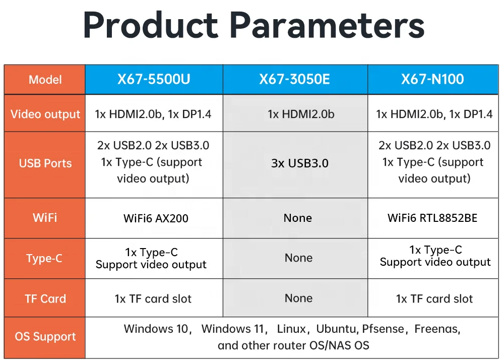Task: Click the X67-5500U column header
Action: click(x=154, y=79)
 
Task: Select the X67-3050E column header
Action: click(x=294, y=79)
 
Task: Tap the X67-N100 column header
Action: click(x=432, y=79)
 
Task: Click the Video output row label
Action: click(x=45, y=114)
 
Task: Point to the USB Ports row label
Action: click(x=45, y=163)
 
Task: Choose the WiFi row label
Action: click(x=45, y=218)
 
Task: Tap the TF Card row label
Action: click(x=45, y=298)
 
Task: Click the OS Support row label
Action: click(x=45, y=336)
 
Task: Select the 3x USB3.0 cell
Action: click(x=299, y=163)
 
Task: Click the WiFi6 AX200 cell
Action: click(x=156, y=218)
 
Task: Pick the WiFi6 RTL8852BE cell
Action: click(x=432, y=218)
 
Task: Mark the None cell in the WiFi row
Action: click(x=298, y=218)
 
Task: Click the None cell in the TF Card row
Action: click(x=298, y=298)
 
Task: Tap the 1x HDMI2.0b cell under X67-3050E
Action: click(x=301, y=114)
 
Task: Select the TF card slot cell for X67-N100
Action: click(x=434, y=299)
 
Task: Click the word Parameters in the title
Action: click(x=327, y=25)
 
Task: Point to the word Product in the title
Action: click(x=151, y=25)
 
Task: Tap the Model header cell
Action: click(x=45, y=79)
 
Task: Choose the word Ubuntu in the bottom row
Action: click(x=337, y=329)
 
